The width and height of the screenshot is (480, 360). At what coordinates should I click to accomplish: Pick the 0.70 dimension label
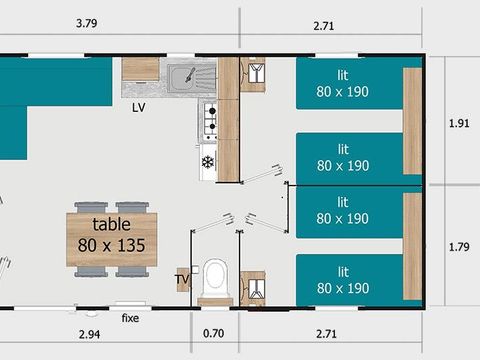coord(213,333)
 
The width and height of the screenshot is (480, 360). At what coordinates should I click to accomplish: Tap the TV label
coord(182,281)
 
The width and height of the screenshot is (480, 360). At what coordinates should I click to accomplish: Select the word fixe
coord(130,318)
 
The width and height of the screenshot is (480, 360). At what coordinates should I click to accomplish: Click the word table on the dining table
coord(111,225)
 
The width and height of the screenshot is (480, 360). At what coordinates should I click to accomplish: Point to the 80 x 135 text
coord(111,244)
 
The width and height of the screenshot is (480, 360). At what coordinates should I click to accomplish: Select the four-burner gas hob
coord(210,121)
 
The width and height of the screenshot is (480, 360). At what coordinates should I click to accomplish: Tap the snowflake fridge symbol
coord(208,162)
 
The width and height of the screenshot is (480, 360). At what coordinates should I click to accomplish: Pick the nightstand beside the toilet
coord(254,289)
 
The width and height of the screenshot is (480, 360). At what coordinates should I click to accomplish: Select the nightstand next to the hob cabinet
coord(254,75)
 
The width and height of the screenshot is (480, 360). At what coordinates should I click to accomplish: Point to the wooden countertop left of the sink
coord(141,69)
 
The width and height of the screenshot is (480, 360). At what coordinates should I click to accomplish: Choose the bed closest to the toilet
coord(350,280)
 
